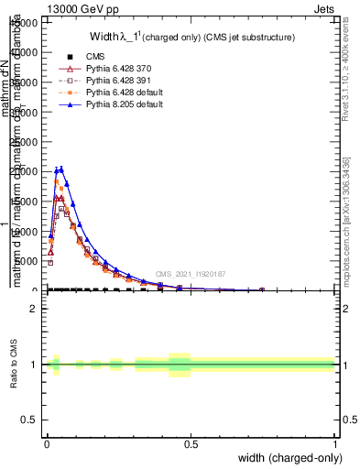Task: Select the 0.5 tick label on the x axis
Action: [x=191, y=442]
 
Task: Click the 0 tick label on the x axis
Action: [x=47, y=442]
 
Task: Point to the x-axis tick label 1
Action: [x=335, y=442]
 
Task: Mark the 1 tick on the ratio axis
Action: [x=34, y=365]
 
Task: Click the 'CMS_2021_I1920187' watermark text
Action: [x=190, y=274]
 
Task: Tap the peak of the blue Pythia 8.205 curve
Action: [x=60, y=168]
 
